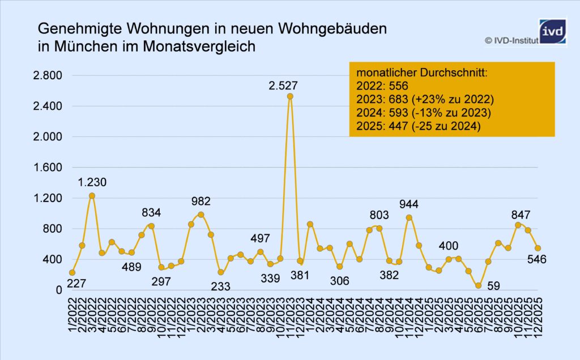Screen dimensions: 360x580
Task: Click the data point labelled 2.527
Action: tap(290, 96)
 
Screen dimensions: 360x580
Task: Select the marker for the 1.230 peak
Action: tap(92, 196)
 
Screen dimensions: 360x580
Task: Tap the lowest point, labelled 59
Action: tap(479, 285)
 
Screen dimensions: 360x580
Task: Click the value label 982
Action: tap(201, 201)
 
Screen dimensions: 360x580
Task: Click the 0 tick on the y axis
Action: tap(58, 290)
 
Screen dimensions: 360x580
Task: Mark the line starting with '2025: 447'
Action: tap(419, 127)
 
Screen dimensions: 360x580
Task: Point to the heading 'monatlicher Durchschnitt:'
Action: tap(422, 73)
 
